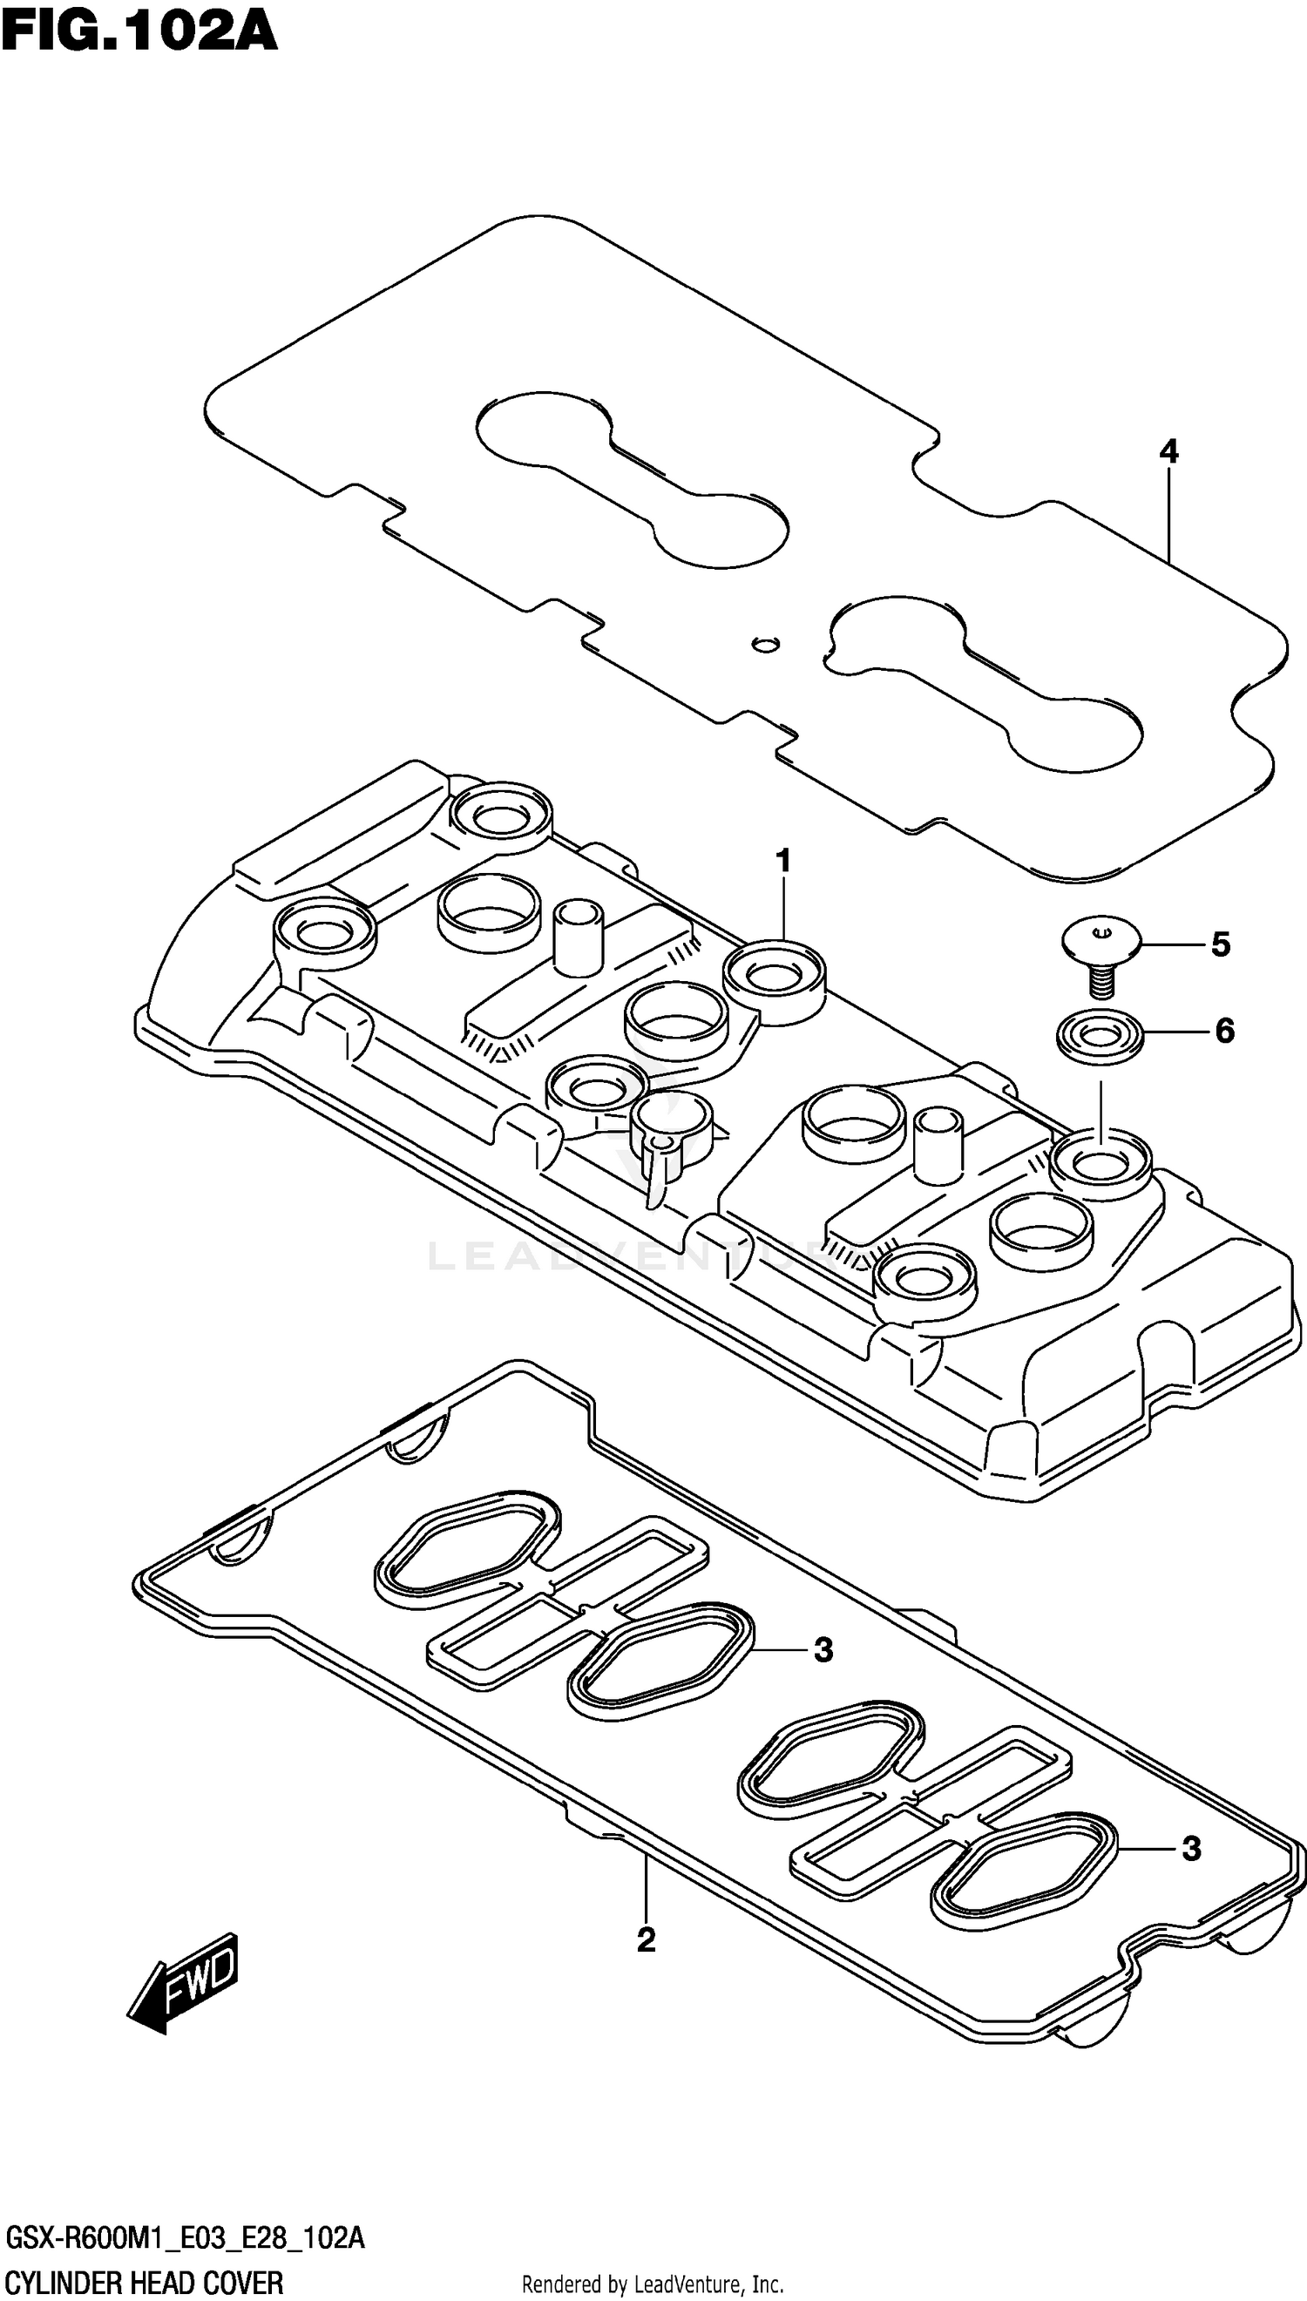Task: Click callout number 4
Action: point(1168,451)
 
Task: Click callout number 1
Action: point(782,862)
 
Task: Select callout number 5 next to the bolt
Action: point(1220,944)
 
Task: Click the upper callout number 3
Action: point(823,1649)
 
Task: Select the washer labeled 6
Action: point(1100,1038)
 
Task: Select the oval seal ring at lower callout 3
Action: point(1022,1870)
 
